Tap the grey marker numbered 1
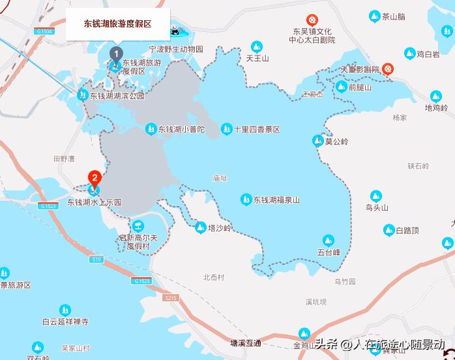coord(116,53)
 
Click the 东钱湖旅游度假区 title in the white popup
coord(117,23)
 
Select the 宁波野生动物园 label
coord(176,49)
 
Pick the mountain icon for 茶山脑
coord(374,16)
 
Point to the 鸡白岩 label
coord(428,54)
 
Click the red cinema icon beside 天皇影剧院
coord(389,67)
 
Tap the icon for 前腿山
coord(341,87)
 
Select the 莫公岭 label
coord(337,141)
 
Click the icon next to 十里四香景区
coord(226,129)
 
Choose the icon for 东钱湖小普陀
coord(151,129)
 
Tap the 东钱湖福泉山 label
coord(276,200)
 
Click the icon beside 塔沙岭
coord(201,227)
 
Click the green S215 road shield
coord(171,297)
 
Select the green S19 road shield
coord(97,260)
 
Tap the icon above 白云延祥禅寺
coord(65,310)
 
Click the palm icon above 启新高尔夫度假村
coord(138,226)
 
